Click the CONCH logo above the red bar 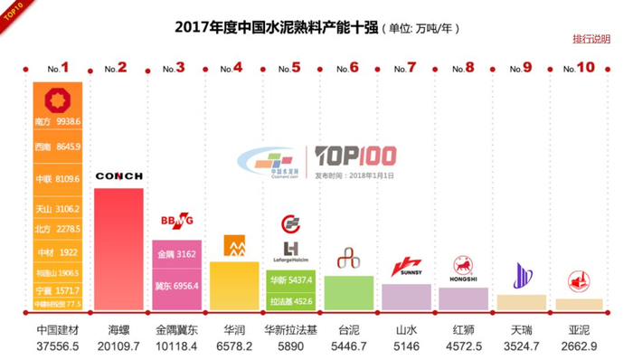pyautogui.click(x=118, y=175)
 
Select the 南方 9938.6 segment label pyautogui.click(x=58, y=119)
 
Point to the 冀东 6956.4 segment pyautogui.click(x=175, y=286)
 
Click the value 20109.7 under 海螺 pyautogui.click(x=118, y=346)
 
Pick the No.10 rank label pyautogui.click(x=579, y=68)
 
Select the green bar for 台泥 pyautogui.click(x=348, y=293)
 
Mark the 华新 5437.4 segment pyautogui.click(x=290, y=280)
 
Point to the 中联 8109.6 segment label pyautogui.click(x=58, y=179)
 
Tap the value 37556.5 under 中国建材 pyautogui.click(x=58, y=346)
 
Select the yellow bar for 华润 pyautogui.click(x=233, y=288)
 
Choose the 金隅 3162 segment pyautogui.click(x=175, y=254)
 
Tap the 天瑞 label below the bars pyautogui.click(x=522, y=330)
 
